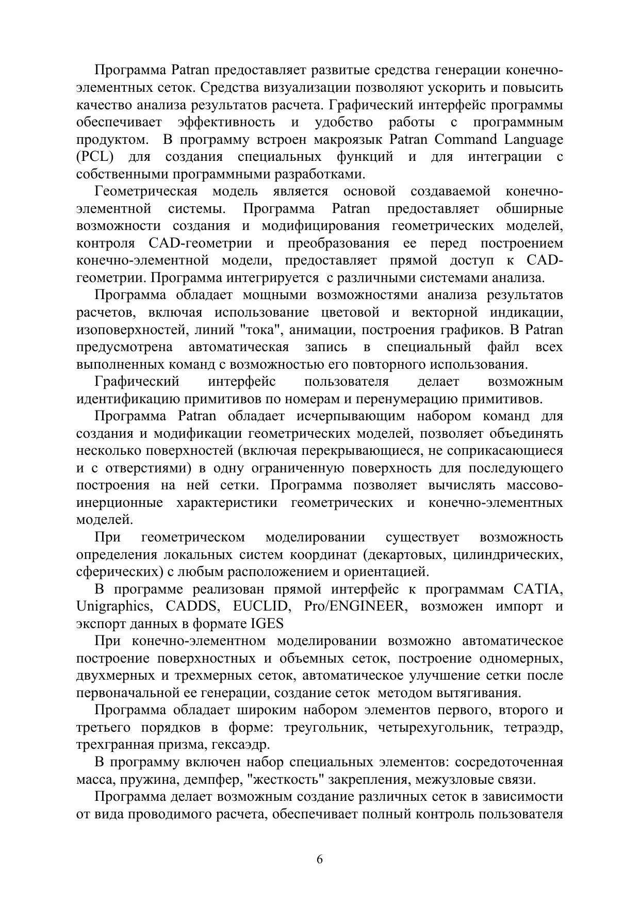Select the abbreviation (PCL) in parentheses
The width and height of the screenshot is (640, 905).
point(95,157)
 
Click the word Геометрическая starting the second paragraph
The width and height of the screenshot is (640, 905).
point(146,192)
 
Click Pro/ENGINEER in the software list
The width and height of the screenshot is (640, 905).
point(355,606)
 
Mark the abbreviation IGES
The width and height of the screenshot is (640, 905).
point(267,624)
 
